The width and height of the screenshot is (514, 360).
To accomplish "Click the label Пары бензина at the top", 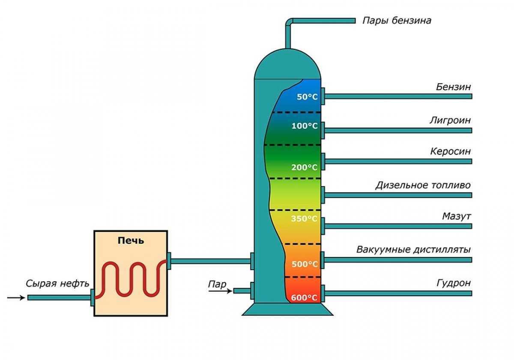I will [x=397, y=21].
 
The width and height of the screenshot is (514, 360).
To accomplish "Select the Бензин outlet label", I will [x=453, y=87].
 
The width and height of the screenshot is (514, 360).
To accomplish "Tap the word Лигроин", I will [x=450, y=120].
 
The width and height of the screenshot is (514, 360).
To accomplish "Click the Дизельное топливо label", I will [x=423, y=186].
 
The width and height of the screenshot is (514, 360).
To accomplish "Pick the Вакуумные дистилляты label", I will [x=413, y=249].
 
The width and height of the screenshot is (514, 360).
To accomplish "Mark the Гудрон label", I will [x=454, y=283].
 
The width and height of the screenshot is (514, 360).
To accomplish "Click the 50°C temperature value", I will [x=307, y=97].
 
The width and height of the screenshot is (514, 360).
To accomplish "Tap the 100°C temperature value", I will [x=305, y=126].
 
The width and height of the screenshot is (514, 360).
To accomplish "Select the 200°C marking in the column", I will [x=305, y=167].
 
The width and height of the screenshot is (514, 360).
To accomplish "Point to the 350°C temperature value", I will [x=305, y=219].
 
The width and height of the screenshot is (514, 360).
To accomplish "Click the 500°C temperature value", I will [x=305, y=264].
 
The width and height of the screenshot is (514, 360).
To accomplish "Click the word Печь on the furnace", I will [x=131, y=240].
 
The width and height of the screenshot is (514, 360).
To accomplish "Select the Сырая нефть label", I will [x=57, y=284].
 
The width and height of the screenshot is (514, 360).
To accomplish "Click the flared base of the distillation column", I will [x=287, y=309].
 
